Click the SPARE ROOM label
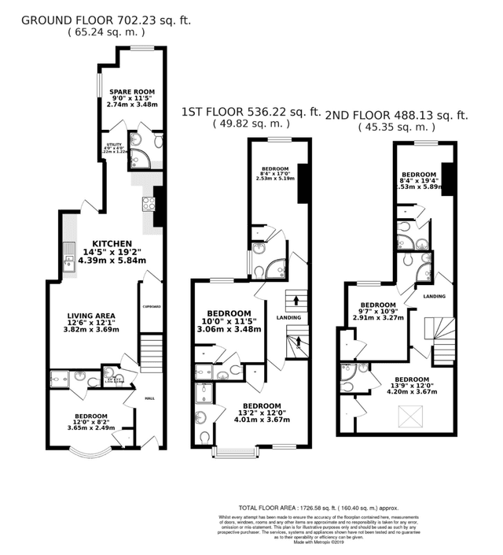[133, 91]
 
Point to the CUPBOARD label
[151, 306]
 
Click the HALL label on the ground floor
[149, 398]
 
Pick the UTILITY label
[114, 145]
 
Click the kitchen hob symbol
[147, 204]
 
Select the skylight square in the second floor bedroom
[408, 413]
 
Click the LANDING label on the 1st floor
[288, 317]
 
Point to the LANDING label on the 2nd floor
[434, 296]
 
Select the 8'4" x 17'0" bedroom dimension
[275, 173]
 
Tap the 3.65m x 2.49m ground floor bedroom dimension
[91, 427]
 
